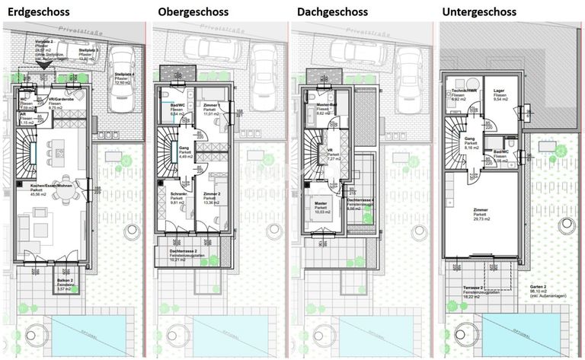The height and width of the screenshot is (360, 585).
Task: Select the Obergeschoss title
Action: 191,12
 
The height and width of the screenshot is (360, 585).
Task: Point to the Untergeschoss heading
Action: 481,12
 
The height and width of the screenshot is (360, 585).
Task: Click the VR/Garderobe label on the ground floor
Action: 60,100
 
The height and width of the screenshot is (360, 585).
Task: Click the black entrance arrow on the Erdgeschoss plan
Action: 46,66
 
